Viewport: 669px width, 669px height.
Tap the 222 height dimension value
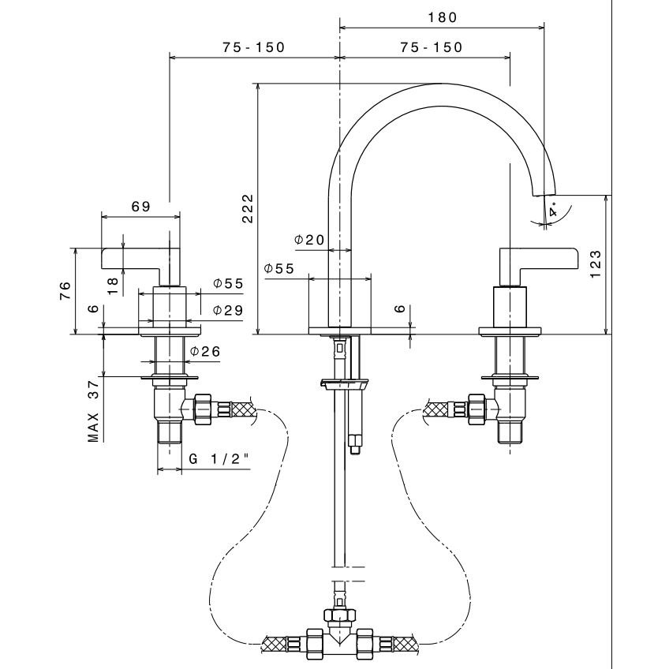[248, 208]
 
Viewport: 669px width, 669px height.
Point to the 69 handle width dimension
[140, 207]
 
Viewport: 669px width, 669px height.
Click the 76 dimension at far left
[67, 291]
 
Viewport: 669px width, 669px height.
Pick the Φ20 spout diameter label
[309, 239]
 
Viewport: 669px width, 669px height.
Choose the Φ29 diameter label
[227, 311]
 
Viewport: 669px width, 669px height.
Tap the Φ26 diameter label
[204, 352]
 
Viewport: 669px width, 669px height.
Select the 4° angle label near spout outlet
[553, 211]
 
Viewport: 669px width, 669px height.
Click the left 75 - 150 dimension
[253, 47]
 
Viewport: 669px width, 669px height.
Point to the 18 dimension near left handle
[113, 284]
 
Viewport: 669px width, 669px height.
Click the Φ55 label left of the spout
[278, 269]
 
